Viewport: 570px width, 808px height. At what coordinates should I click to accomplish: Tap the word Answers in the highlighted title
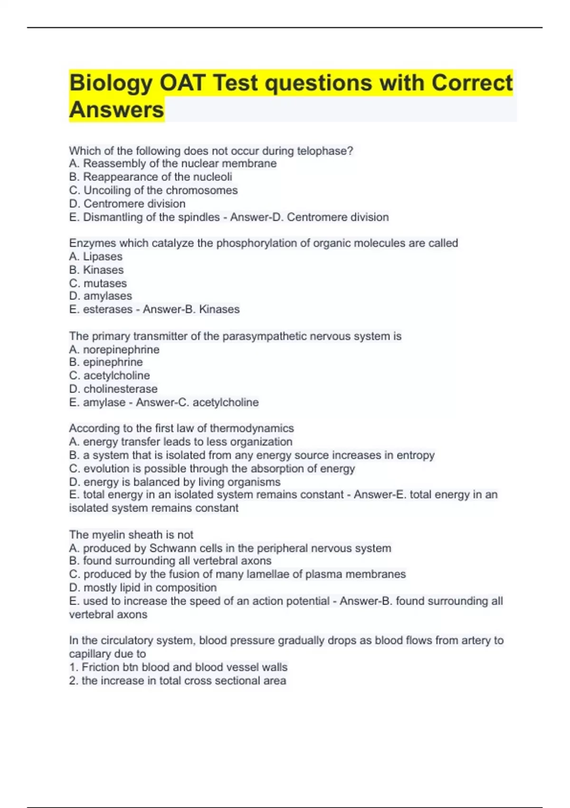116,110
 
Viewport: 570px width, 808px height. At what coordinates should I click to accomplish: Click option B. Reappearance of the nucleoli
151,177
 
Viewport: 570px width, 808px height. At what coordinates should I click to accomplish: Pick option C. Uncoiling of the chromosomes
153,190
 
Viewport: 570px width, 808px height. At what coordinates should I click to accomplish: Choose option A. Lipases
95,257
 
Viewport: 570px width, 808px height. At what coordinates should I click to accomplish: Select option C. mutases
98,283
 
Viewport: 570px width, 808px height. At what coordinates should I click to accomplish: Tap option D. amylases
100,296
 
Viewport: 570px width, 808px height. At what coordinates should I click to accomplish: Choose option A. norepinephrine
114,350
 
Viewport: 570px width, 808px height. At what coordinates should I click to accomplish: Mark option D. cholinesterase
113,389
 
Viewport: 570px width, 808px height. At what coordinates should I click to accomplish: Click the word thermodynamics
252,428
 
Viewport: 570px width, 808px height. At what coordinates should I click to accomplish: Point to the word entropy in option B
416,455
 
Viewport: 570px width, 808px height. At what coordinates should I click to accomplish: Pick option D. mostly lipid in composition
142,587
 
